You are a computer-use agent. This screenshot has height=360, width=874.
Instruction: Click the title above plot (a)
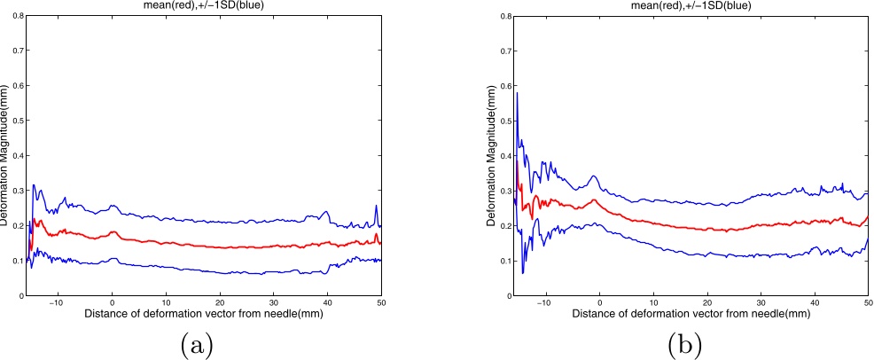pyautogui.click(x=204, y=4)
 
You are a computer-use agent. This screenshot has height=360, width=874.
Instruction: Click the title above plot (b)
pyautogui.click(x=692, y=4)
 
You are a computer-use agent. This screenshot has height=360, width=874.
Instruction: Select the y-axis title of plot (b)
pyautogui.click(x=492, y=155)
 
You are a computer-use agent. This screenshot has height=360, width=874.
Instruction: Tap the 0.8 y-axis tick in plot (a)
pyautogui.click(x=17, y=16)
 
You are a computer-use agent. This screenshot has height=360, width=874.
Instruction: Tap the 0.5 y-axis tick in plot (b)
pyautogui.click(x=503, y=121)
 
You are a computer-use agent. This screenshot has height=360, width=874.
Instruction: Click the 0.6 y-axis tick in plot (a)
pyautogui.click(x=17, y=86)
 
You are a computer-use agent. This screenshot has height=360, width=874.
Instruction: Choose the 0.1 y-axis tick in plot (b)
pyautogui.click(x=503, y=261)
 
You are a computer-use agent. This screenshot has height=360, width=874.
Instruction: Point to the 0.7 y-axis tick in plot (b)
pyautogui.click(x=503, y=51)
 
